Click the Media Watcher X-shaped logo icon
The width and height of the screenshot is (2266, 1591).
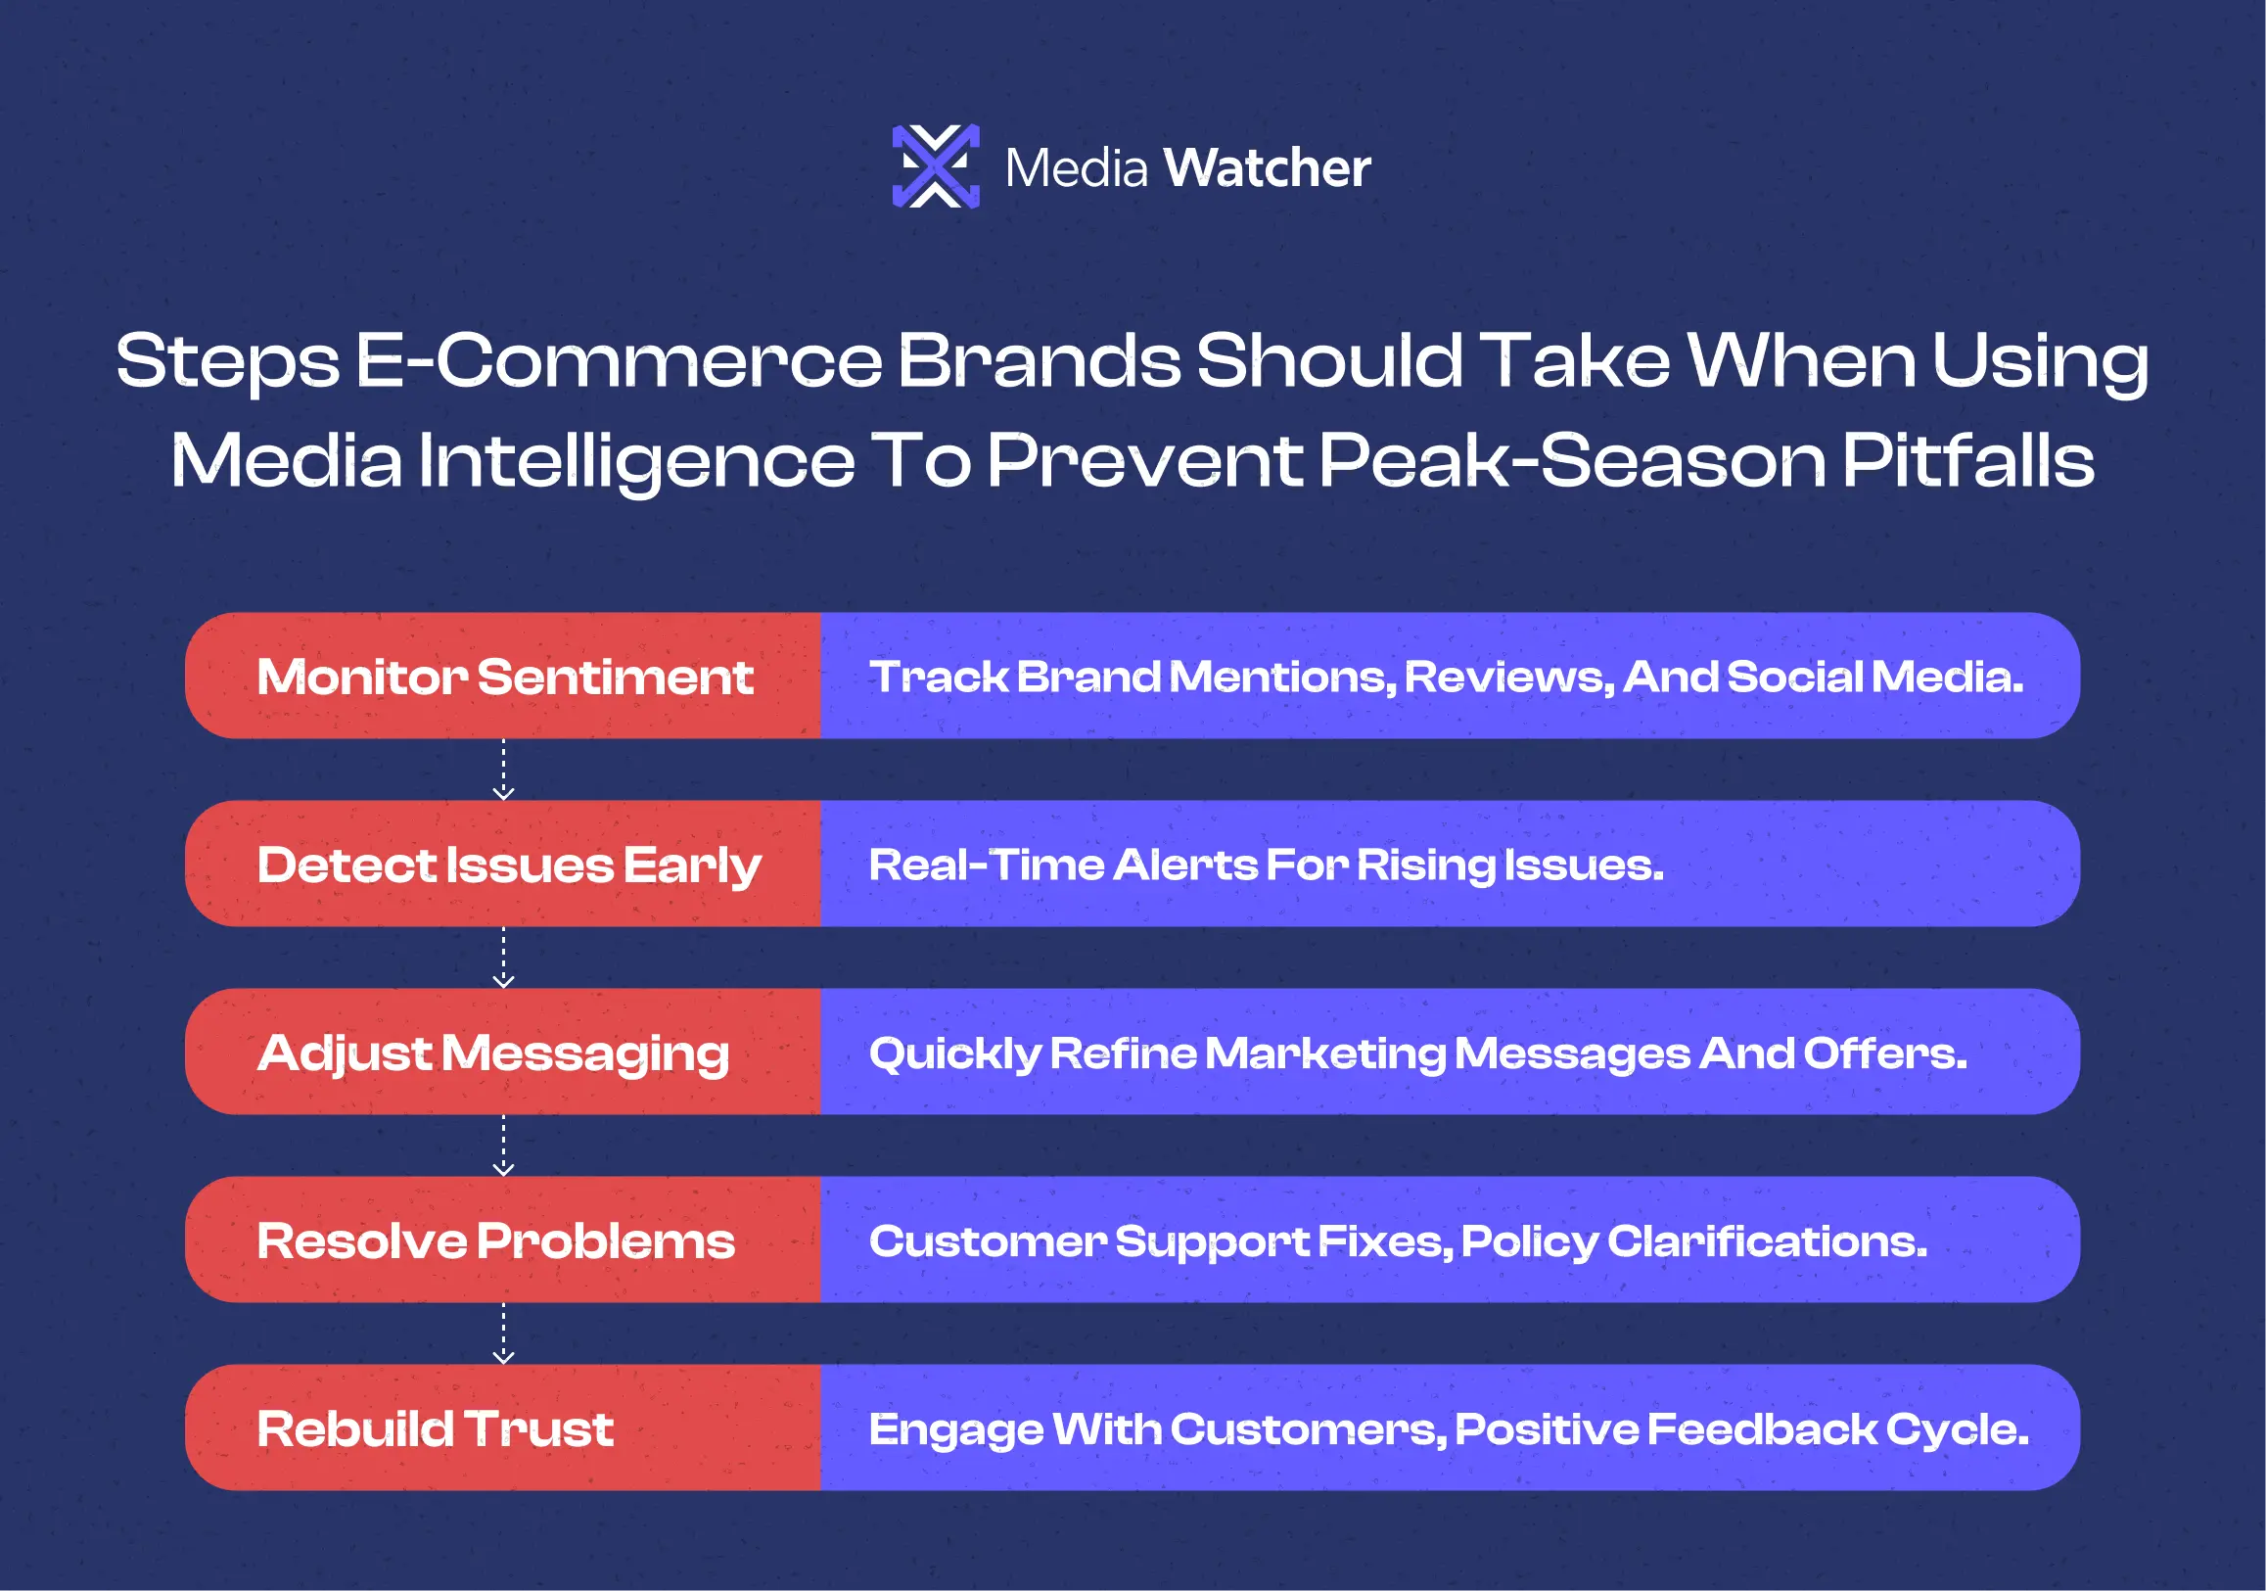(x=936, y=165)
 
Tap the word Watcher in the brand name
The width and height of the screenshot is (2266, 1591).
(x=1268, y=167)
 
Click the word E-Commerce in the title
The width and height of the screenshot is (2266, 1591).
(x=619, y=360)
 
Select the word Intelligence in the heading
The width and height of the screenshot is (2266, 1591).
(x=636, y=462)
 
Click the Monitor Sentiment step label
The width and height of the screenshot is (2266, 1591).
(x=504, y=678)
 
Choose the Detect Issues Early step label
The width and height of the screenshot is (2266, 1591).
(x=508, y=866)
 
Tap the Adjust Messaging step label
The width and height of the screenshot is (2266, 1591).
(x=492, y=1054)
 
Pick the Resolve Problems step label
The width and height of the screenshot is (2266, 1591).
(x=495, y=1241)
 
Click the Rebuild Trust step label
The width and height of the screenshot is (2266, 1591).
(x=436, y=1429)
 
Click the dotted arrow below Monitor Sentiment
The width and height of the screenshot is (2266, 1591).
(x=503, y=770)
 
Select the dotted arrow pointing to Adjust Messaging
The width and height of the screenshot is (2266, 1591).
(x=503, y=958)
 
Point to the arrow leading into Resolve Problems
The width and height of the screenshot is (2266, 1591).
(x=503, y=1146)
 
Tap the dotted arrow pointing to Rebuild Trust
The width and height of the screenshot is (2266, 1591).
(x=503, y=1334)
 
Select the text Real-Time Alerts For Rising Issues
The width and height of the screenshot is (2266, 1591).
(x=1267, y=866)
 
